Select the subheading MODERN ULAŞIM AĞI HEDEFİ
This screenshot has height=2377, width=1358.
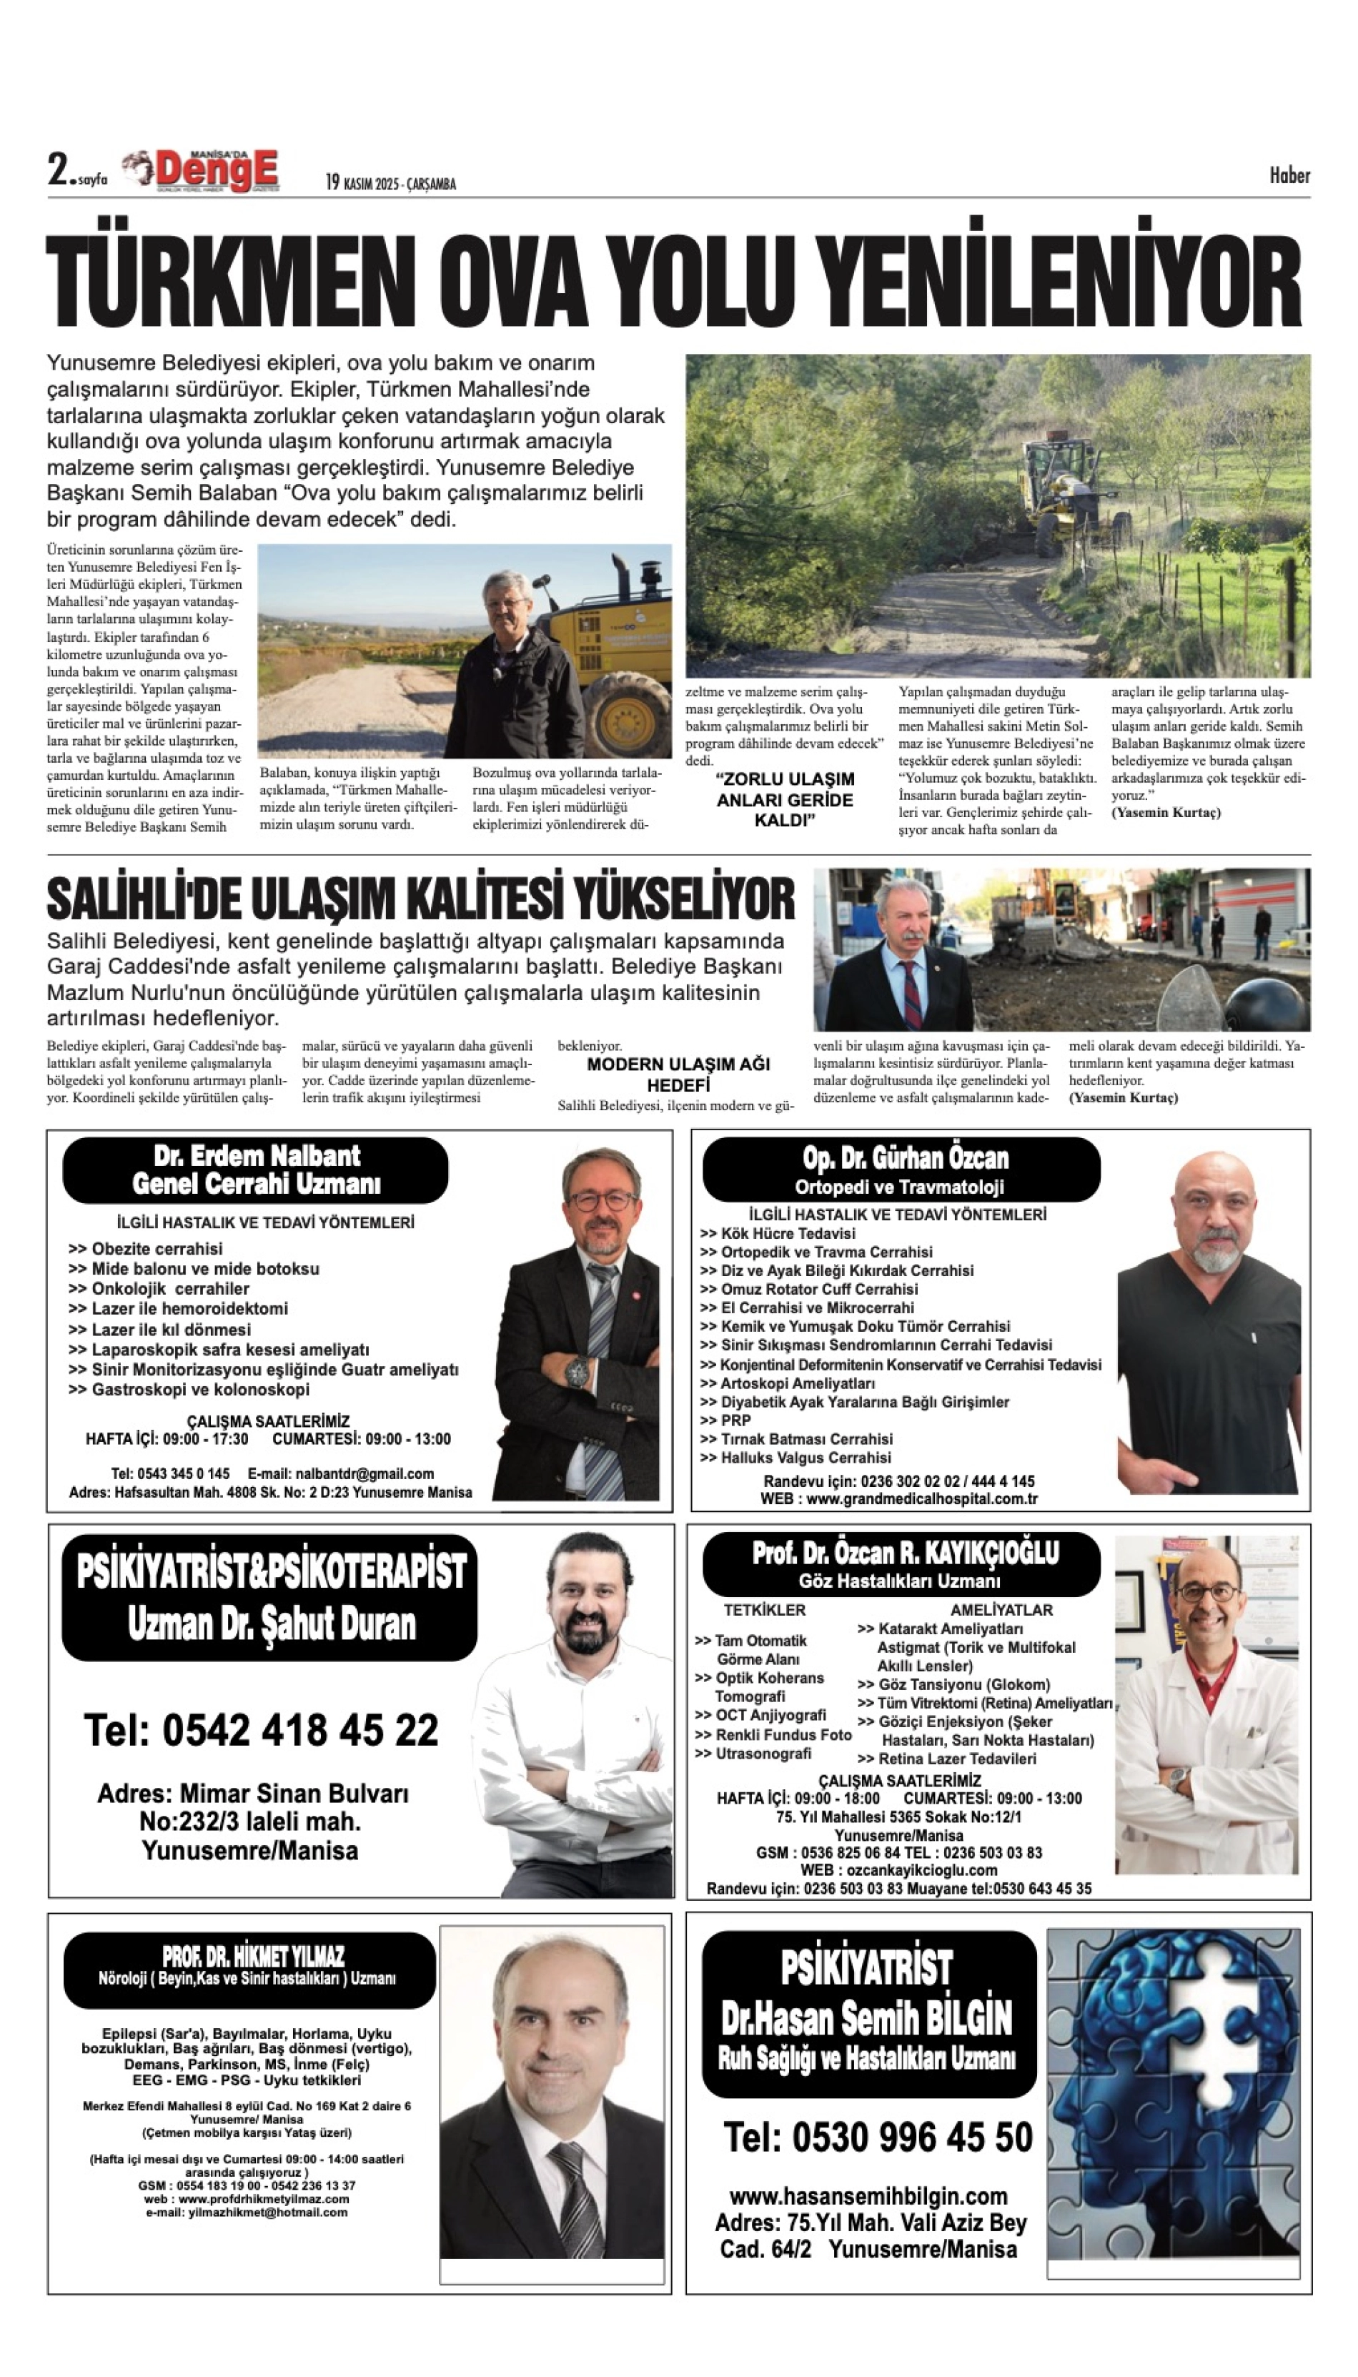point(678,1074)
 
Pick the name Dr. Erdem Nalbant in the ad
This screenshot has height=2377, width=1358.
point(257,1156)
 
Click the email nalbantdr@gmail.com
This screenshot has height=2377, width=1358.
point(365,1474)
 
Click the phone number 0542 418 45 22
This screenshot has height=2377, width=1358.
point(261,1731)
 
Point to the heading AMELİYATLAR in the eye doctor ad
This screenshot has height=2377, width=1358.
point(1001,1609)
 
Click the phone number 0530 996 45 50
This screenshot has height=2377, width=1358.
point(878,2138)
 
